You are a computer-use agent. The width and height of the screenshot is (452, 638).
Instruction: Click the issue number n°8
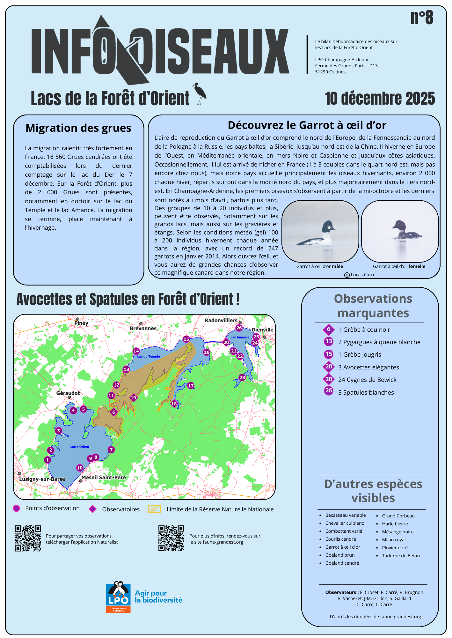[421, 18]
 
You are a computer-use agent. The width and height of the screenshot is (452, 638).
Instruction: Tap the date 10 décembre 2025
[380, 98]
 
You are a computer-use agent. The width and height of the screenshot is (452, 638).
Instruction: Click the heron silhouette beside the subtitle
[200, 94]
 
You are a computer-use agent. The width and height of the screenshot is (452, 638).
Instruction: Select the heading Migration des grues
[78, 128]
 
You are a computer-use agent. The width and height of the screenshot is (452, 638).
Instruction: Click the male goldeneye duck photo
[320, 231]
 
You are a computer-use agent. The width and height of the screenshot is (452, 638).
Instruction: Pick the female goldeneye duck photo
[400, 231]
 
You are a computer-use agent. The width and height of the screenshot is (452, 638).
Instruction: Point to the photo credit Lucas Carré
[360, 275]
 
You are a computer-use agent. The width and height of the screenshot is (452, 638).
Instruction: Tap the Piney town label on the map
[81, 323]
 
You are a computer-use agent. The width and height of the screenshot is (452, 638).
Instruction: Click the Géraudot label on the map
[68, 393]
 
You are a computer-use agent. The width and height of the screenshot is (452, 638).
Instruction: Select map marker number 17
[191, 385]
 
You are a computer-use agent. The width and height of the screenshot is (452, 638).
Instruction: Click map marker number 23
[242, 377]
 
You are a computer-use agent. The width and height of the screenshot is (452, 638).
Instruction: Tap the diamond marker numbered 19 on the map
[133, 398]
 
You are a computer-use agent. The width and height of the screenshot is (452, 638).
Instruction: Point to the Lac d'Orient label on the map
[80, 447]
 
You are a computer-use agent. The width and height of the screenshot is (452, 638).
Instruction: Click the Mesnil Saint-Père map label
[104, 478]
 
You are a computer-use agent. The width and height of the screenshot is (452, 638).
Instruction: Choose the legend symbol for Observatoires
[93, 509]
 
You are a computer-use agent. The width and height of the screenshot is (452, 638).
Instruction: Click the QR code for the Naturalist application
[28, 538]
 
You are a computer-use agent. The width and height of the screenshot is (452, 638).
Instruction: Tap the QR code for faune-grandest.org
[171, 538]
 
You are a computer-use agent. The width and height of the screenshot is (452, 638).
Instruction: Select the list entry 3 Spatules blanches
[366, 392]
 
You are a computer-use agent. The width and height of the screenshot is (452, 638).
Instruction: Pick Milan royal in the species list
[394, 540]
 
